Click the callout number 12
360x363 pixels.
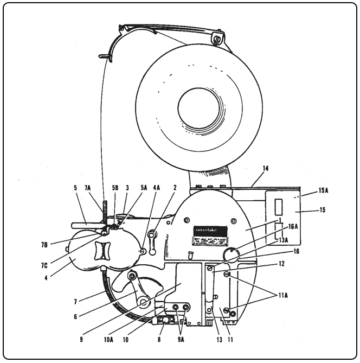(280, 264)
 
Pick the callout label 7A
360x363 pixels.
(89, 187)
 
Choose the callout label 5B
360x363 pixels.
(115, 187)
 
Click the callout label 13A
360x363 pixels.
(284, 239)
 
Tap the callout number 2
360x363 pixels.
(175, 187)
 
